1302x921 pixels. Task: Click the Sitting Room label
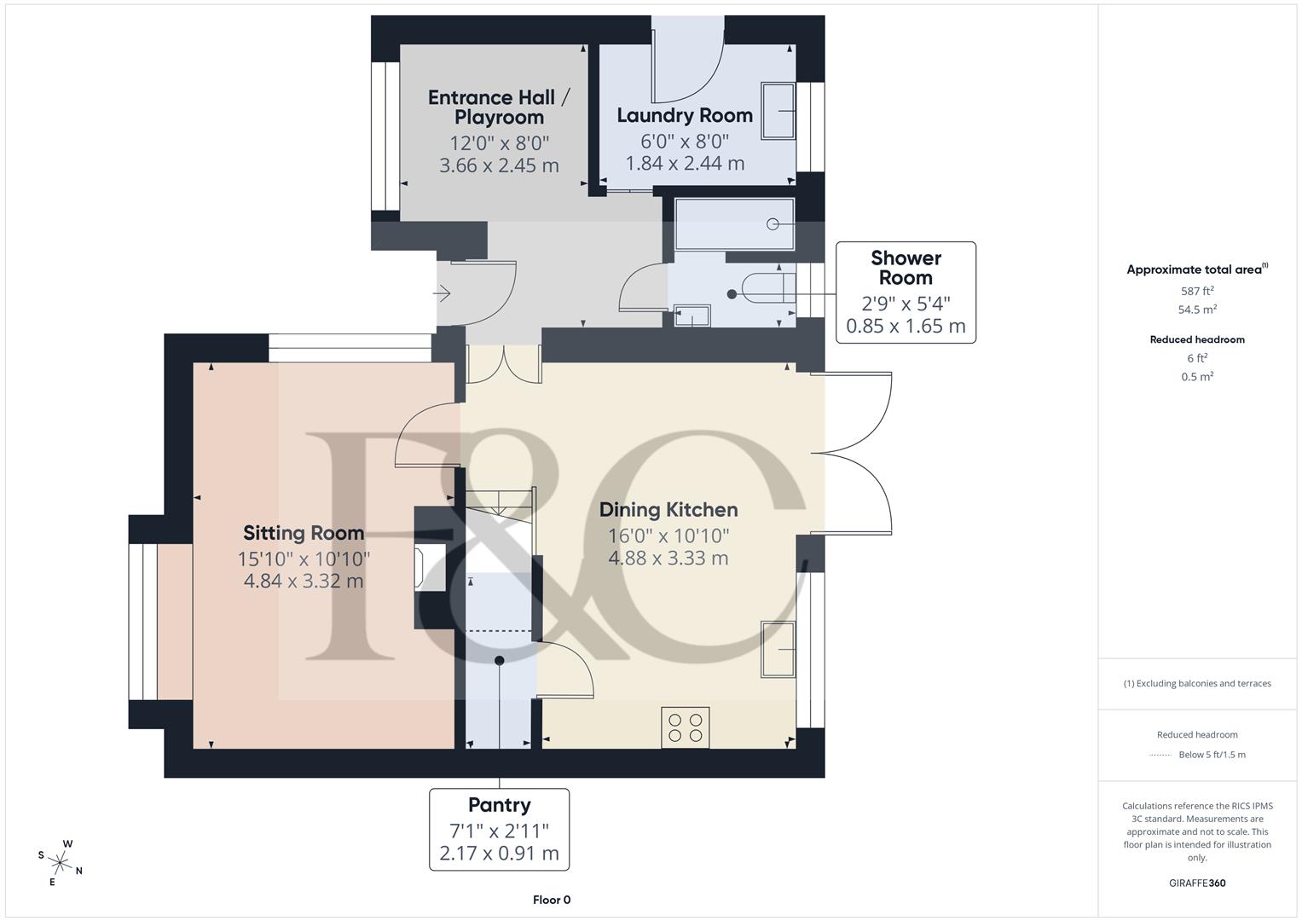pyautogui.click(x=304, y=533)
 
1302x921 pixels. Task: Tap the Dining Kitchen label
pyautogui.click(x=668, y=510)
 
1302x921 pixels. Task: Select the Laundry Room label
pyautogui.click(x=684, y=115)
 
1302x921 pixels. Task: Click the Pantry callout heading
pyautogui.click(x=499, y=805)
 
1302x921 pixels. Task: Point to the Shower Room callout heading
pyautogui.click(x=906, y=268)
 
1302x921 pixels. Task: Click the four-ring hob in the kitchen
pyautogui.click(x=686, y=727)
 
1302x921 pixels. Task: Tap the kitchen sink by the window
pyautogui.click(x=778, y=649)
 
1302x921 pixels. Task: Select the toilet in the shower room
pyautogui.click(x=764, y=288)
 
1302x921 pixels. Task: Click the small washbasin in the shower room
pyautogui.click(x=692, y=316)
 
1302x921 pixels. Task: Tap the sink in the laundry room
pyautogui.click(x=777, y=110)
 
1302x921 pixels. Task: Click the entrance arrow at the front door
pyautogui.click(x=442, y=294)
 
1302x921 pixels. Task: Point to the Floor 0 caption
pyautogui.click(x=551, y=900)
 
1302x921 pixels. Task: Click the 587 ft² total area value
pyautogui.click(x=1196, y=291)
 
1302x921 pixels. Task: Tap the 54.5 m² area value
pyautogui.click(x=1196, y=310)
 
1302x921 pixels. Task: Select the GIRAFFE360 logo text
pyautogui.click(x=1196, y=883)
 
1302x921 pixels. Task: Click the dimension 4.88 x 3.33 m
pyautogui.click(x=668, y=559)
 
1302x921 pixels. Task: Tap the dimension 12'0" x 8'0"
pyautogui.click(x=499, y=142)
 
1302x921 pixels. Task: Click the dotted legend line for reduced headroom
pyautogui.click(x=1160, y=755)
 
